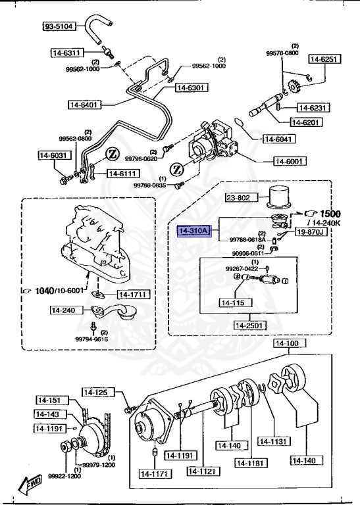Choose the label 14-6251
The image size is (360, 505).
coord(326,59)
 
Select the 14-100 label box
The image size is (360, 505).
coord(288,343)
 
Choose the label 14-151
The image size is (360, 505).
coord(49,400)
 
